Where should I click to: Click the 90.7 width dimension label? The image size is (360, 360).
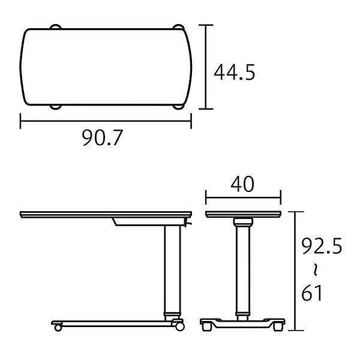(x=103, y=138)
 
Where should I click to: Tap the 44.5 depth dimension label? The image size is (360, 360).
(x=235, y=73)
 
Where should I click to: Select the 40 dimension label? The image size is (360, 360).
(x=242, y=184)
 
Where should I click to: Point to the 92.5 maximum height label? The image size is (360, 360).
(x=322, y=246)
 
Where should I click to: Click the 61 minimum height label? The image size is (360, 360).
(x=312, y=293)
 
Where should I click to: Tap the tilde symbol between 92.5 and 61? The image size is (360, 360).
(x=316, y=269)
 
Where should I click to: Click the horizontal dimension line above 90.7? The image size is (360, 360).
(x=106, y=121)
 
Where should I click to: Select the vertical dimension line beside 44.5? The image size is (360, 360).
(x=206, y=67)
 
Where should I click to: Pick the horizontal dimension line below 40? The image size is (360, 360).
(x=244, y=197)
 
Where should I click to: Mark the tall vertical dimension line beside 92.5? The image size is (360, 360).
(x=296, y=271)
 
